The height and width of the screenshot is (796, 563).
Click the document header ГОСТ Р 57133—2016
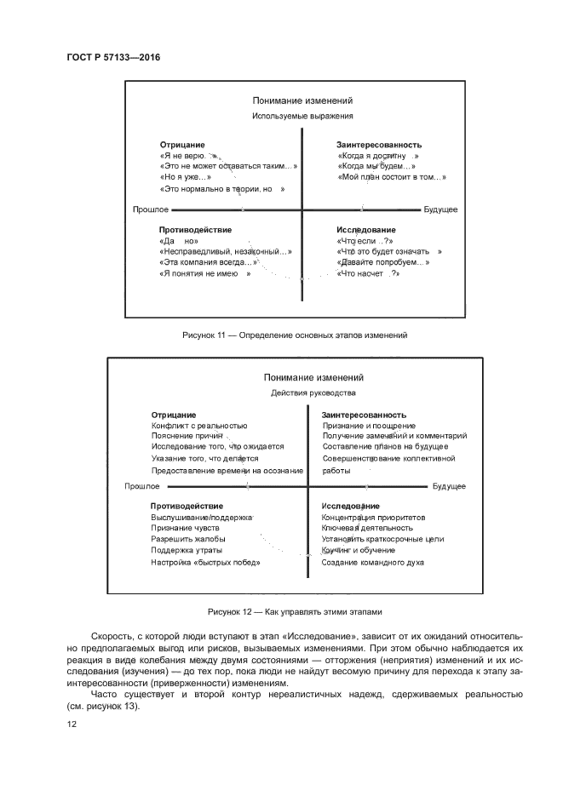click(x=113, y=57)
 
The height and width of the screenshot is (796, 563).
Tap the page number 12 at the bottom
click(x=72, y=724)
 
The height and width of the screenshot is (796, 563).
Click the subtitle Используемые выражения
click(x=302, y=116)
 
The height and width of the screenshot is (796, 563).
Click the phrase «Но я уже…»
click(x=185, y=177)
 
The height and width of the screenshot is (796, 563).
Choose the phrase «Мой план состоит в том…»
click(x=392, y=177)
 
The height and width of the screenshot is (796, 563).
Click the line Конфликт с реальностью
click(x=199, y=425)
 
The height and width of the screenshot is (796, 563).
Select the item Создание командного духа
click(x=372, y=562)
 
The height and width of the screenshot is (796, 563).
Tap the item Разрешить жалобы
click(x=187, y=540)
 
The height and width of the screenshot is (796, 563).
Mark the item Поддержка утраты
click(x=187, y=551)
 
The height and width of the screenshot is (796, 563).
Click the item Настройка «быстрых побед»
click(x=205, y=562)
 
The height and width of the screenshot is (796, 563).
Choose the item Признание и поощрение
click(x=369, y=425)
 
